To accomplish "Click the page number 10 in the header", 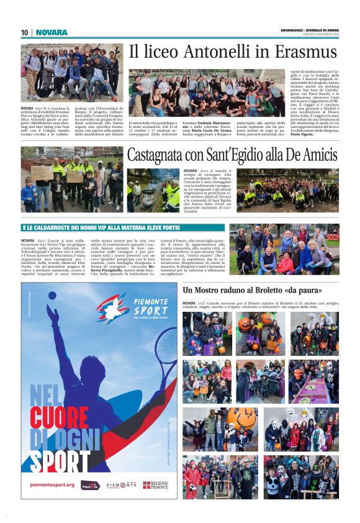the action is [x=24, y=32].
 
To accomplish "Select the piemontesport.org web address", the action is [x=52, y=484].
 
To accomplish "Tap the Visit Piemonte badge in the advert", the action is [x=91, y=484].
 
